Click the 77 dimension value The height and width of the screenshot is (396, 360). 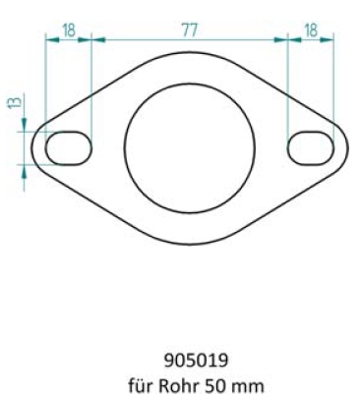(188, 29)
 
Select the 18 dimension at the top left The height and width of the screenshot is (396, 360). (69, 29)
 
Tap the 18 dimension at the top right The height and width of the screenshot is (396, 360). (310, 29)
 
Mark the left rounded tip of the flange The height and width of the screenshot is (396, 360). (31, 147)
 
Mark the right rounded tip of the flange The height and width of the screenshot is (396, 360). (347, 147)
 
